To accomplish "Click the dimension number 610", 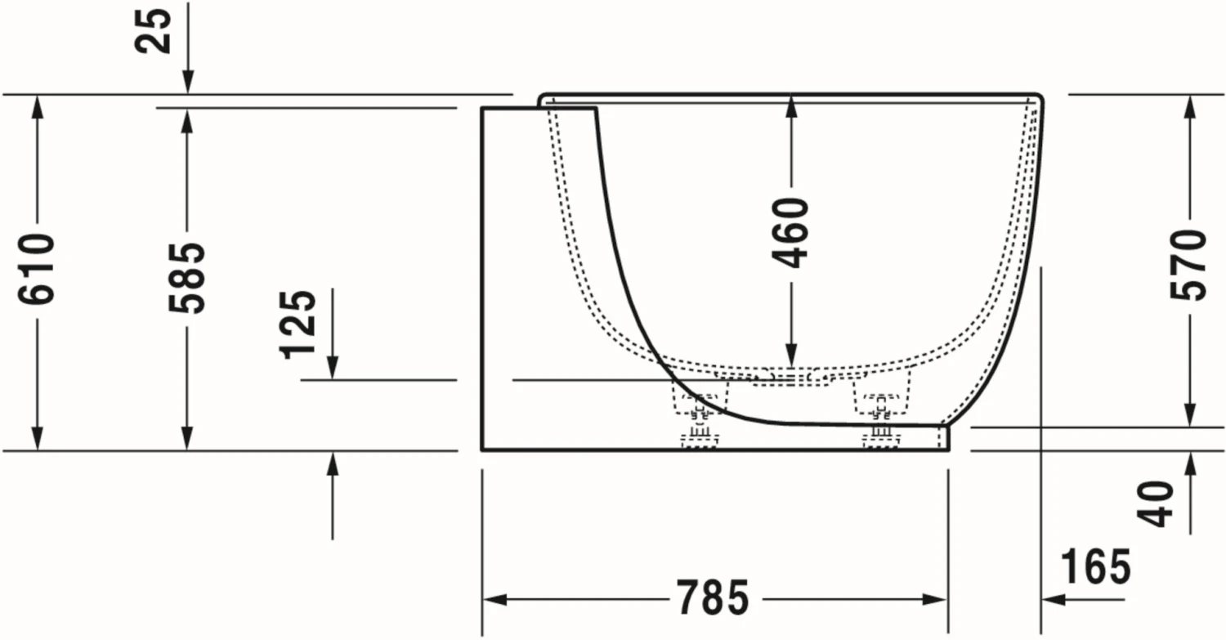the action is (x=36, y=269).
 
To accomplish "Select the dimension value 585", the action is (x=186, y=278).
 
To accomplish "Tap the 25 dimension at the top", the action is (x=154, y=30).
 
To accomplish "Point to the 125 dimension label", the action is (x=298, y=324).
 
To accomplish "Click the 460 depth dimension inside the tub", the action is (x=790, y=233).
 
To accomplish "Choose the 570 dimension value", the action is (x=1188, y=265).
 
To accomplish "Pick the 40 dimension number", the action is (x=1155, y=504).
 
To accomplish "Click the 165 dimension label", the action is (x=1096, y=566).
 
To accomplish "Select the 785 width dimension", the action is (x=714, y=597).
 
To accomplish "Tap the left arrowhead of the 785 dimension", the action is (x=494, y=599).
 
